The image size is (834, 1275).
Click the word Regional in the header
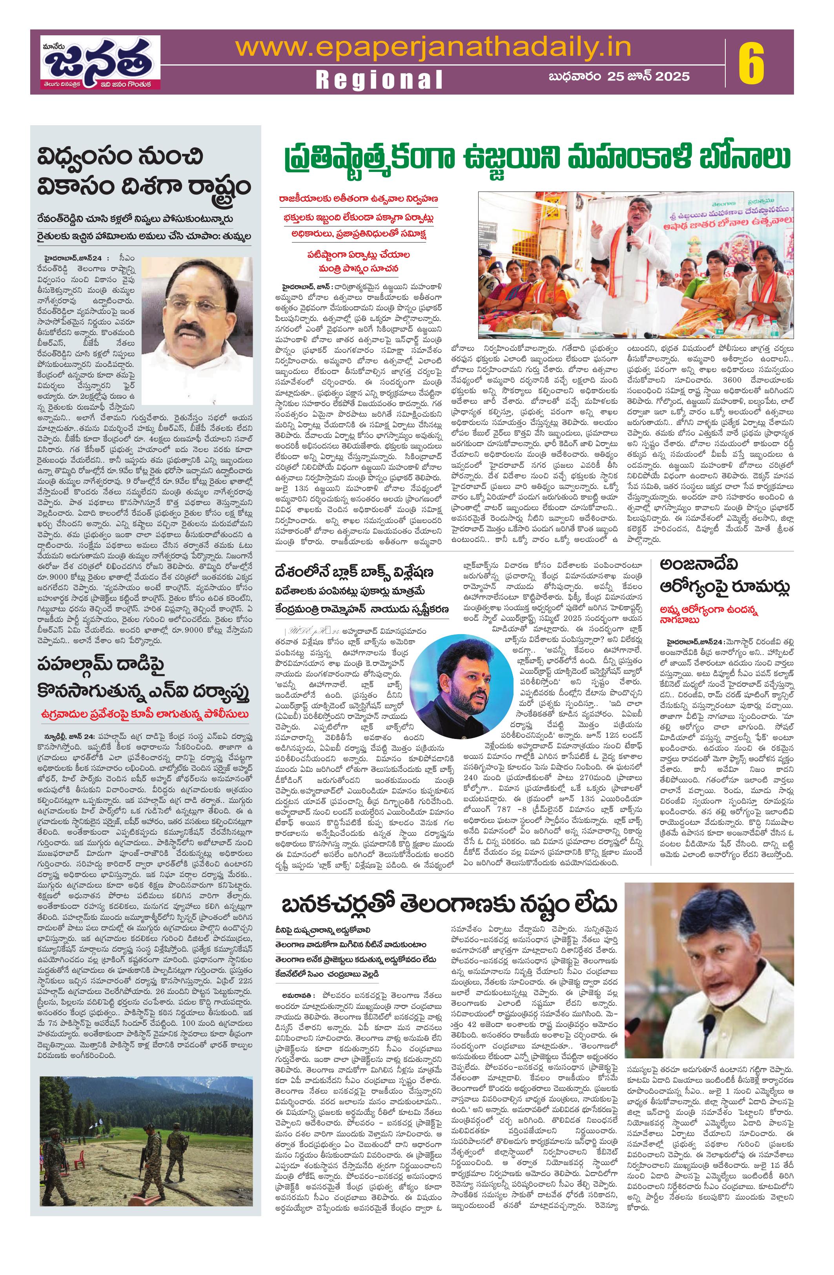click(379, 80)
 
